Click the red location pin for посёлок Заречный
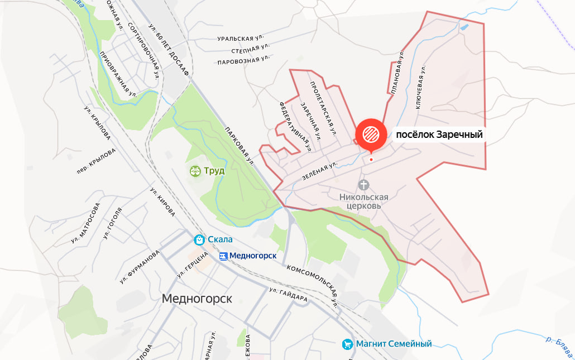(x=371, y=135)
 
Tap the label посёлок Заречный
(x=439, y=135)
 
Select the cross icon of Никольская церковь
(x=364, y=184)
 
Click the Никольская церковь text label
(x=364, y=201)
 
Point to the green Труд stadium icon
(x=195, y=170)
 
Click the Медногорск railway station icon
(x=223, y=256)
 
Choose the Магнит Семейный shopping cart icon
(x=347, y=344)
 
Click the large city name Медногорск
(x=197, y=299)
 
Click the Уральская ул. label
(x=241, y=39)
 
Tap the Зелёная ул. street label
(x=320, y=170)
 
